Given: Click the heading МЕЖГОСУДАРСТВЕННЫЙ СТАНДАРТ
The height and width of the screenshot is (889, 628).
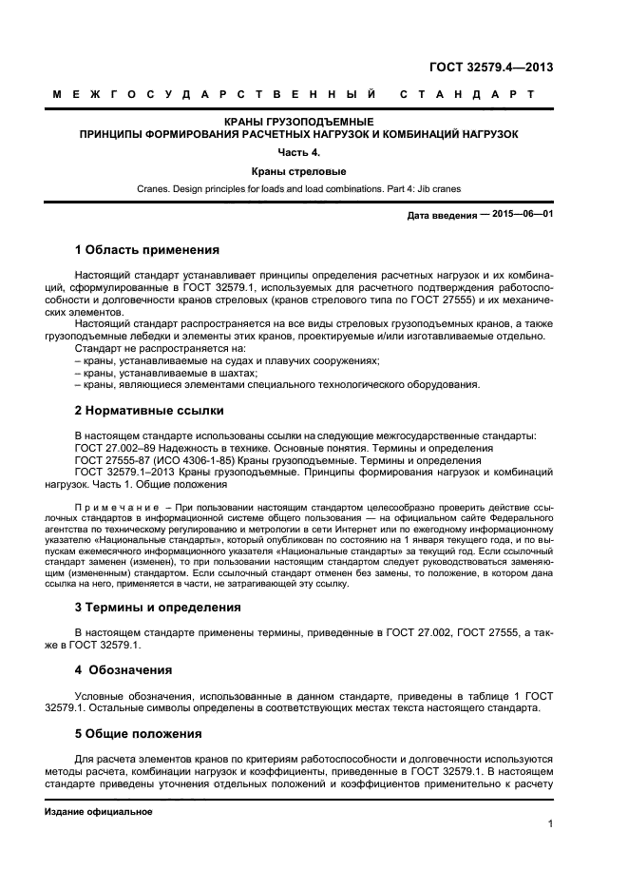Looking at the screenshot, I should (294, 95).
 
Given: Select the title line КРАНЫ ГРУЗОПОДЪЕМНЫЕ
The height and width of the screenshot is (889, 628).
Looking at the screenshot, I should (298, 123).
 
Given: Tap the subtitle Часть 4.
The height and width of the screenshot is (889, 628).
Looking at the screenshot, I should (298, 152).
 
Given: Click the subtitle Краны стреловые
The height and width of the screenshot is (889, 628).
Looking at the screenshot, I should (298, 172).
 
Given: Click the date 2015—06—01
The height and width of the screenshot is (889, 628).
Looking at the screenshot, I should (522, 215).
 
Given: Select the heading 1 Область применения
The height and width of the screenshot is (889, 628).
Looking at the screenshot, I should (146, 250).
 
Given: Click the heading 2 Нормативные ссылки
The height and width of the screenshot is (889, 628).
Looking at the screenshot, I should (149, 411).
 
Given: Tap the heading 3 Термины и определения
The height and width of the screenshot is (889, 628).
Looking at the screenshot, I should (159, 607).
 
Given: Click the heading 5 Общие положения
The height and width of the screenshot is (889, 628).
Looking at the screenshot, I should (138, 733).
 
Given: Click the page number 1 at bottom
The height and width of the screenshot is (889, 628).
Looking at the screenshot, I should (550, 823).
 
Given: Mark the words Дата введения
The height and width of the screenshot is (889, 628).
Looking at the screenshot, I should (442, 216).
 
